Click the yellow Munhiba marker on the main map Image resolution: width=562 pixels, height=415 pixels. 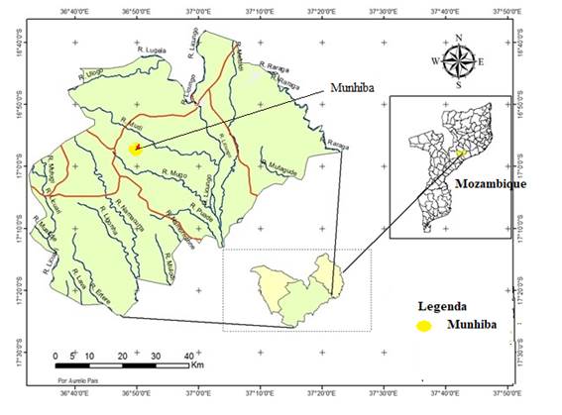(x=136, y=150)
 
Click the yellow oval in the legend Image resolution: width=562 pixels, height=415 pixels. (x=424, y=326)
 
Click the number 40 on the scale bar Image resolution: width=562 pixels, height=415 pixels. (x=189, y=356)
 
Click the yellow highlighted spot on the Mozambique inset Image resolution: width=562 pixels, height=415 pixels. (x=458, y=154)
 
